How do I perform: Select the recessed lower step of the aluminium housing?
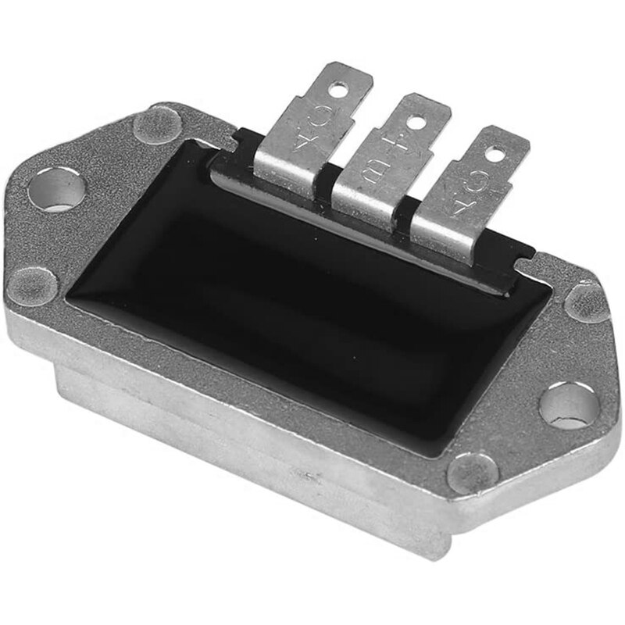coord(234,469)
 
